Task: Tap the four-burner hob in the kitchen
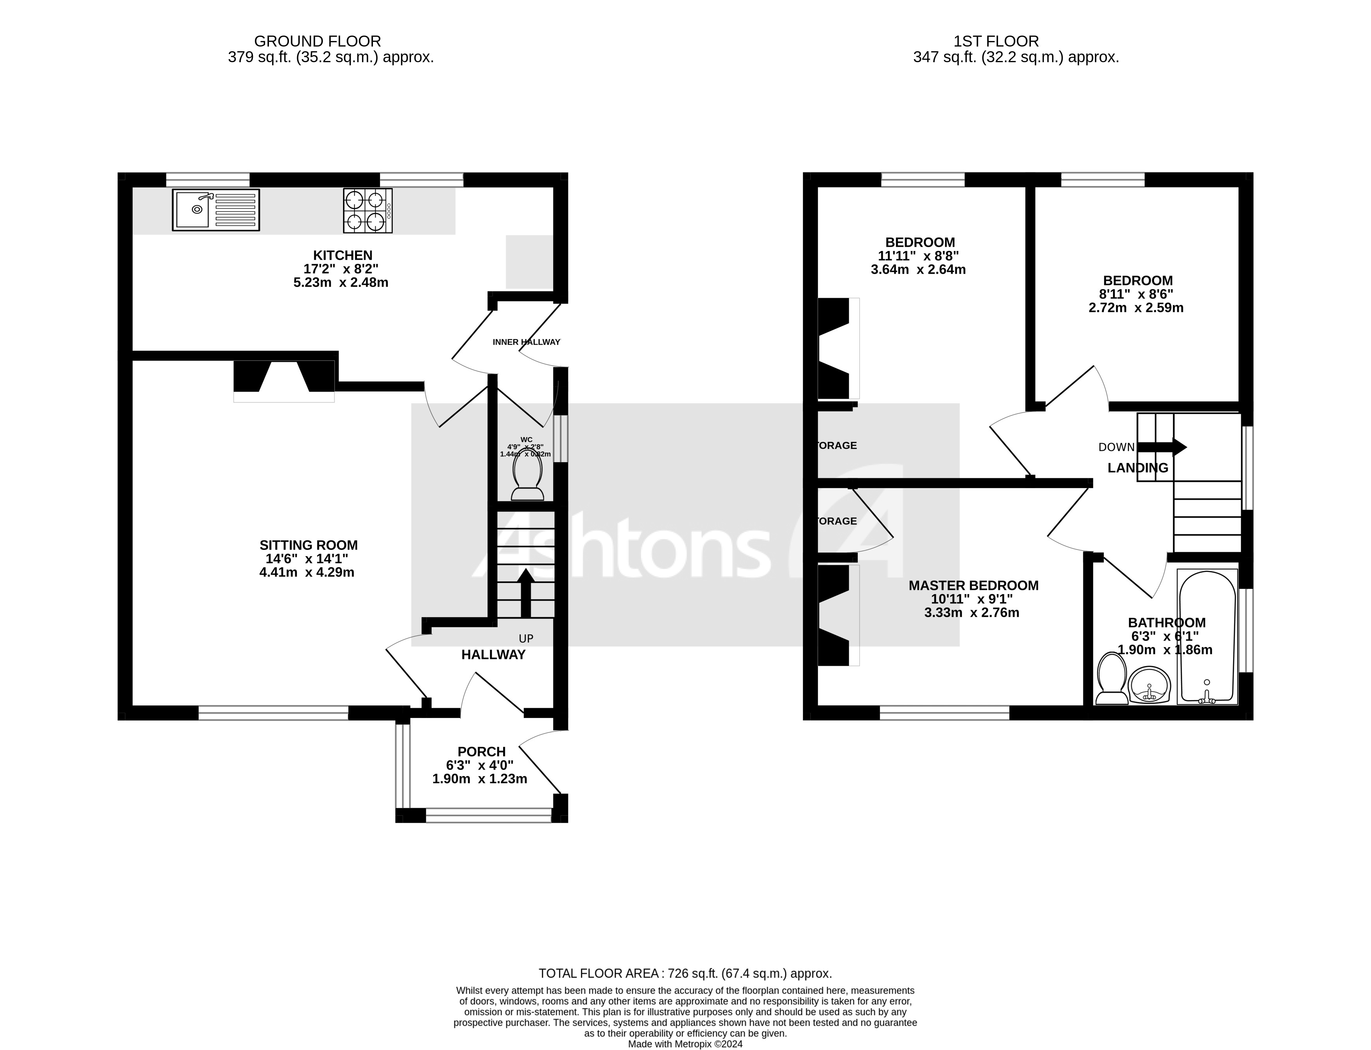[367, 211]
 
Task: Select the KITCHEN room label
[342, 255]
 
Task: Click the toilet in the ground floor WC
[527, 478]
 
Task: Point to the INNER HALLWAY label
[526, 342]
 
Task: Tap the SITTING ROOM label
[309, 545]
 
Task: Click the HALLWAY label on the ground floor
[493, 654]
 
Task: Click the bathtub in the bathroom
[1207, 636]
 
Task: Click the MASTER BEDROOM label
[973, 586]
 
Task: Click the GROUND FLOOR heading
[317, 41]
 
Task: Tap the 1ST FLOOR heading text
[996, 41]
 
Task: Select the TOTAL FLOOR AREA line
[685, 973]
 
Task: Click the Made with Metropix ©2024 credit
[685, 1044]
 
